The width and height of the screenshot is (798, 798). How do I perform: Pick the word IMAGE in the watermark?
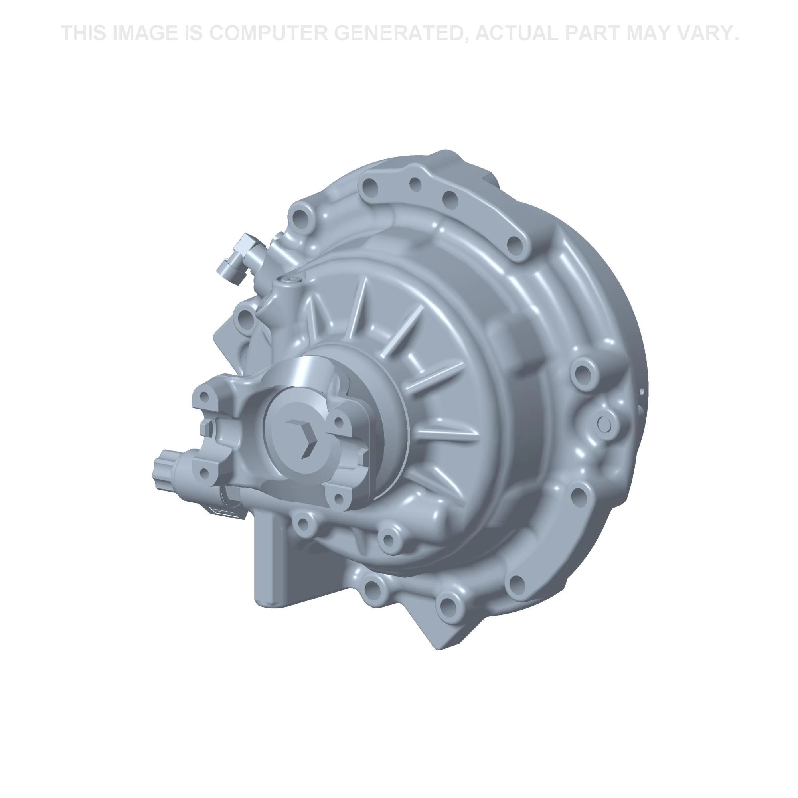(144, 33)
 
